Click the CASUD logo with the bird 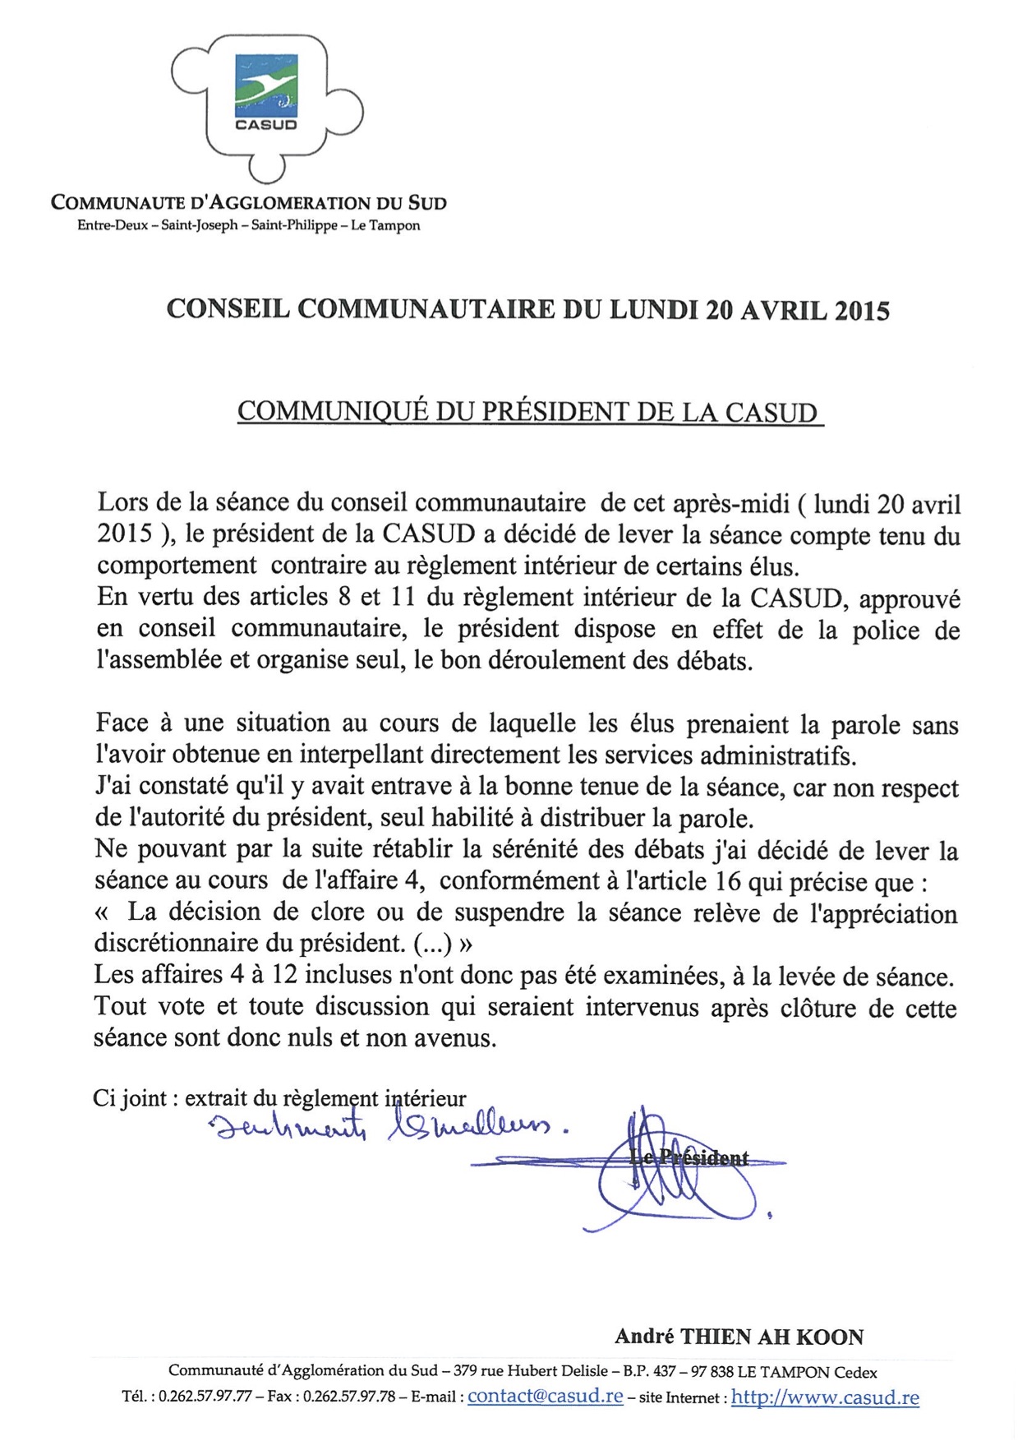(265, 92)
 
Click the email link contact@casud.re (545, 1397)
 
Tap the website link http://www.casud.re (824, 1397)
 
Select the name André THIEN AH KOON (739, 1337)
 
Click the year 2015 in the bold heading (861, 310)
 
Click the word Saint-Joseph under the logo (200, 225)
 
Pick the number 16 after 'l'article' (727, 881)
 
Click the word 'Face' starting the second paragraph (122, 723)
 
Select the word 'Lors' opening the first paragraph (124, 502)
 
